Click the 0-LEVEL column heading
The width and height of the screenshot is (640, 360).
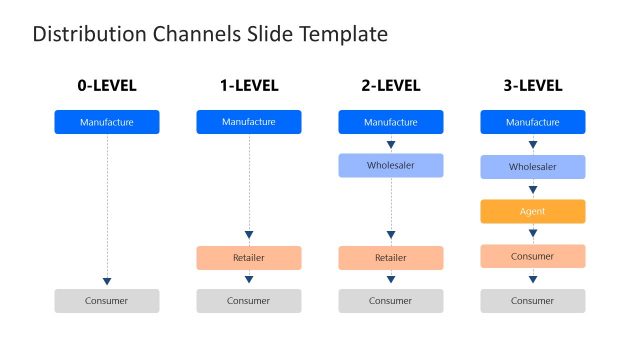tap(106, 86)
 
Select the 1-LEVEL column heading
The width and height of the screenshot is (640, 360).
tap(248, 86)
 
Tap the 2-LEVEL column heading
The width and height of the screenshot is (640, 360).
tap(391, 86)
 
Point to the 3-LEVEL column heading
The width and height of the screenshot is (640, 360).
tap(533, 86)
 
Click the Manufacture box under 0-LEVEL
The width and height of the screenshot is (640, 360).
tap(106, 122)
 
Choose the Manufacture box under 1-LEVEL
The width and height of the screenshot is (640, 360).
tap(248, 122)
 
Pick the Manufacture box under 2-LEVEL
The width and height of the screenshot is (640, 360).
tap(391, 122)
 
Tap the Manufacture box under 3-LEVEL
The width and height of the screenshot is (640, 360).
tap(533, 122)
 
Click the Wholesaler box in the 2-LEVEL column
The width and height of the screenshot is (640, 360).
tap(391, 166)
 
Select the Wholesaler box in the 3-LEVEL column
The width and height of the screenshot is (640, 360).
tap(533, 166)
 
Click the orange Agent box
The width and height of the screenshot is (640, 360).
tap(533, 211)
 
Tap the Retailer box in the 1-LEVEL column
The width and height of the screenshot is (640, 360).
tap(248, 257)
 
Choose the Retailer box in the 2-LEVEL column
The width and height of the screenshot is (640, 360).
tap(391, 257)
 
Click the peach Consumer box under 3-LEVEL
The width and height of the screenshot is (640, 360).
tap(533, 256)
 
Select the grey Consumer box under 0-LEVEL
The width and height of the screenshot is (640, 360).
tap(106, 300)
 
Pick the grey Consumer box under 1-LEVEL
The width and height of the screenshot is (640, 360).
tap(248, 300)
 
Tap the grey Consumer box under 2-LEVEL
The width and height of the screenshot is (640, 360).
tap(391, 300)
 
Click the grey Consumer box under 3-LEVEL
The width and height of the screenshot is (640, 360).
tap(533, 300)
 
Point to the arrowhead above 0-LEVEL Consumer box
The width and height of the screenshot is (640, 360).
tap(107, 281)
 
